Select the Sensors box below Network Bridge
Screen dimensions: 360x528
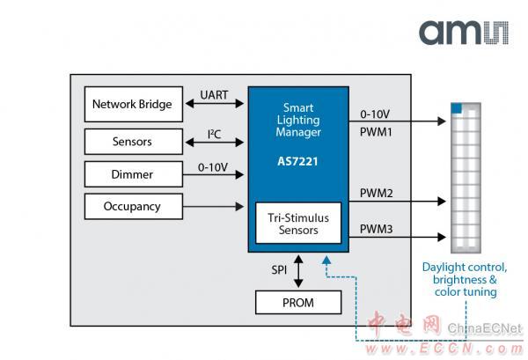coord(133,141)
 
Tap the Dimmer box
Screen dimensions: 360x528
coord(133,174)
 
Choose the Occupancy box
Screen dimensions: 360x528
coord(133,207)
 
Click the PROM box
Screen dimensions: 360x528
coord(299,303)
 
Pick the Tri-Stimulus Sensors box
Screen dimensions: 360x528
coord(299,224)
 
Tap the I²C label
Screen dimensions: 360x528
coord(214,132)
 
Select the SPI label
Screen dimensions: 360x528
coord(279,268)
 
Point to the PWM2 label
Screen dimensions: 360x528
coord(377,192)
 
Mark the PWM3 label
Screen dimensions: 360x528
coord(377,229)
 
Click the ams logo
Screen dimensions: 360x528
coord(463,33)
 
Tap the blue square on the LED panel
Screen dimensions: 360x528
coord(457,107)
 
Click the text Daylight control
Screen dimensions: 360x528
coord(464,267)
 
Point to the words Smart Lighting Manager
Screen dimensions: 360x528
coord(298,118)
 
